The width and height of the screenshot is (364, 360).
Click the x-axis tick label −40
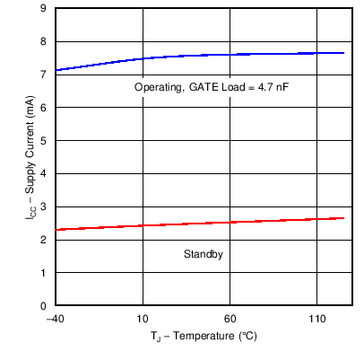click(x=55, y=319)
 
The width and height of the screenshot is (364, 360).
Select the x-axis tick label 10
click(x=142, y=319)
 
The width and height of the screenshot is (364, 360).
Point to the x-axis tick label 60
click(x=230, y=319)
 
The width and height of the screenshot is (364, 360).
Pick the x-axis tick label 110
click(x=316, y=319)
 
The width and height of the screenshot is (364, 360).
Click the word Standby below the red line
click(x=203, y=255)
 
